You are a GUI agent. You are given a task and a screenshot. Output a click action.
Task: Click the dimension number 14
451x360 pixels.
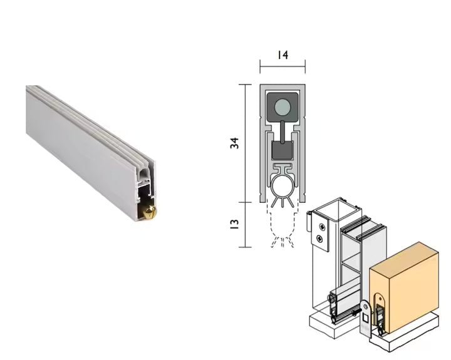282,55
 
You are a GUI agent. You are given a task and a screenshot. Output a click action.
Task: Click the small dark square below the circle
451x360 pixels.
282,150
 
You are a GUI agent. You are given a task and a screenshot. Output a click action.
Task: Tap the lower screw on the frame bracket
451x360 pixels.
321,239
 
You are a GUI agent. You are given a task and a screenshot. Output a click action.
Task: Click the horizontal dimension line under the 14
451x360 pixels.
282,64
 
